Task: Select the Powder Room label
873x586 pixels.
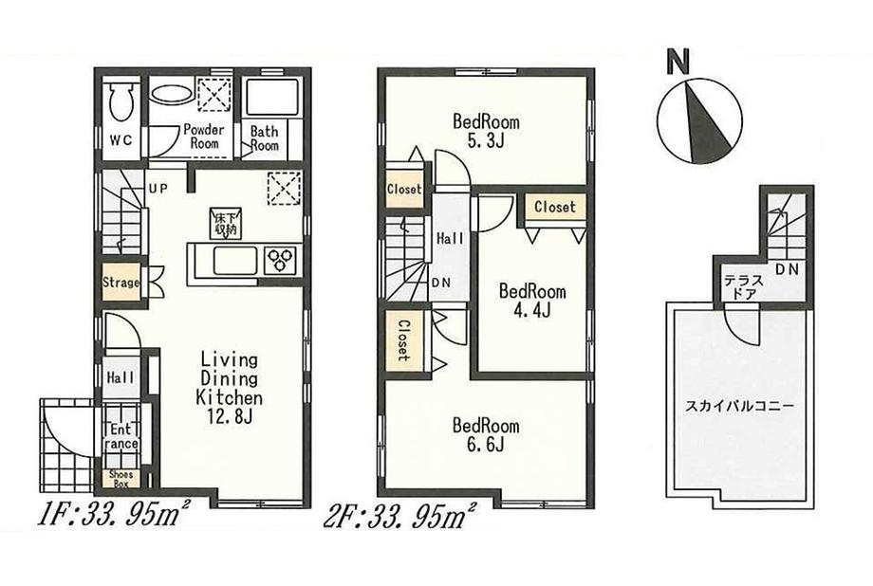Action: point(203,136)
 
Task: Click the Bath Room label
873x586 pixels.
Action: point(264,139)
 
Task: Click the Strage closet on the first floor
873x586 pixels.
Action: point(121,283)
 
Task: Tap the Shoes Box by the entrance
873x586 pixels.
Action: point(121,479)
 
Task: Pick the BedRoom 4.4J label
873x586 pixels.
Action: point(532,301)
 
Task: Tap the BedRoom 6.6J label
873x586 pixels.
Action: point(486,434)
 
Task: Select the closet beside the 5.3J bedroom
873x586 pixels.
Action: point(403,190)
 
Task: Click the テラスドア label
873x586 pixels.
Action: point(740,288)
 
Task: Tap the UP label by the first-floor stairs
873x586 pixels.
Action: point(158,188)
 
